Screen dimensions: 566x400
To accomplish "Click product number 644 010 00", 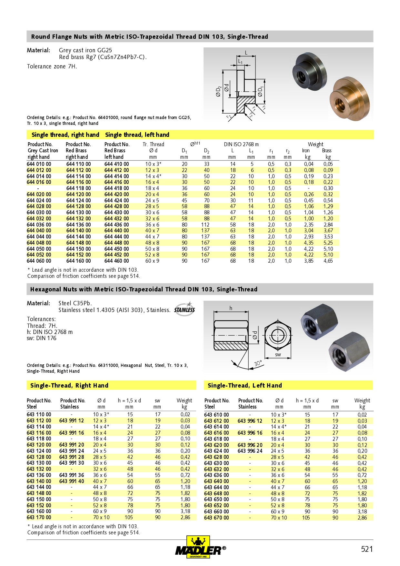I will point(39,164).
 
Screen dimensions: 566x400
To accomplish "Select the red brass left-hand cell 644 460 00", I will point(116,261).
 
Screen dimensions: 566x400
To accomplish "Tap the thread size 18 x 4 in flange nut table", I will point(152,188).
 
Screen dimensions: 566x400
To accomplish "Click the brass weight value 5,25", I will point(328,243).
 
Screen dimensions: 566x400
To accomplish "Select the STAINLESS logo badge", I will point(185,309).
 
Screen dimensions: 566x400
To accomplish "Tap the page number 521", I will point(367,549).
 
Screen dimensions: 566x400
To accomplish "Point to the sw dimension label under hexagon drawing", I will point(278,355).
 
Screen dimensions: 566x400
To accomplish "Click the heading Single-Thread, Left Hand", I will point(245,385).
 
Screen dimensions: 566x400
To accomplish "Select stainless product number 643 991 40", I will point(72,481).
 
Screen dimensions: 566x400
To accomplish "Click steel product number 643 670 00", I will point(216,518).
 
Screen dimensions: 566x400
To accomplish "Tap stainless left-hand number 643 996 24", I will point(250,451).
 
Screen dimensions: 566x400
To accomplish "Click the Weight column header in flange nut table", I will point(315,144).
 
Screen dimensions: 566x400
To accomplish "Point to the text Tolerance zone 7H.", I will point(52,66).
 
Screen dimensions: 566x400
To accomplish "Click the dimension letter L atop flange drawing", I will point(246,53).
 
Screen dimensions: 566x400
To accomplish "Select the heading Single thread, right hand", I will point(65,135).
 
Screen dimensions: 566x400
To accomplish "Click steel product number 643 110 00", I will point(39,414).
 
